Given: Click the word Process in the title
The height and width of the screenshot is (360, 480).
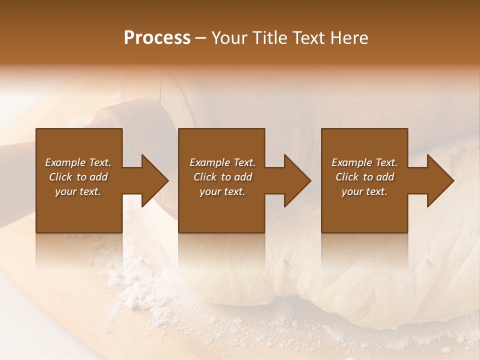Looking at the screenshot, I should click(x=157, y=38).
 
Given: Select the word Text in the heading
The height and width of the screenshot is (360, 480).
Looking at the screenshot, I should click(x=307, y=38).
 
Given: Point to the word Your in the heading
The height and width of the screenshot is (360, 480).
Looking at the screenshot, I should click(x=228, y=38).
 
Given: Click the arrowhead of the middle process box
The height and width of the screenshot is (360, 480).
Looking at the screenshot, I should click(x=297, y=180).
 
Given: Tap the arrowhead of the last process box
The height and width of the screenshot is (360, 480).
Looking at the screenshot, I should click(x=440, y=180).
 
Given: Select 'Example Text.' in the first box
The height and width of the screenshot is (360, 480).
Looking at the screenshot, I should click(x=78, y=162).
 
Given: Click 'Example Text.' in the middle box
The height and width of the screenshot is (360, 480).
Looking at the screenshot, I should click(x=222, y=162).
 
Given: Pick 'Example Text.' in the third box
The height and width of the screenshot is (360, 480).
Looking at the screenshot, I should click(x=364, y=162).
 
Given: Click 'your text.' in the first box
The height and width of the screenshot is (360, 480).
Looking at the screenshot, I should click(x=78, y=191).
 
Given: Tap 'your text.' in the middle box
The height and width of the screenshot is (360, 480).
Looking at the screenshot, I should click(x=222, y=191).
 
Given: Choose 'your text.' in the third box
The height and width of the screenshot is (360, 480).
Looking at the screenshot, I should click(x=364, y=191).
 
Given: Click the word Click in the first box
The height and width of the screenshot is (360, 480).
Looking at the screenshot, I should click(x=60, y=177).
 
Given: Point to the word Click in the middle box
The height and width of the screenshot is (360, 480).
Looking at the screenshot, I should click(x=205, y=177).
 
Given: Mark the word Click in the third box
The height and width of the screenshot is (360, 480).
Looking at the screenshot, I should click(x=347, y=177).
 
